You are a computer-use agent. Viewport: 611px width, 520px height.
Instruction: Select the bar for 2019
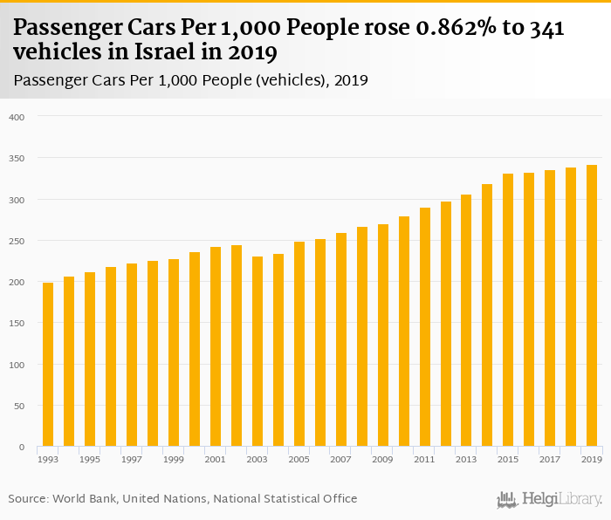coord(592,305)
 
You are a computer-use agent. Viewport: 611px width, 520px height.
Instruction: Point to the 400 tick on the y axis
coord(18,117)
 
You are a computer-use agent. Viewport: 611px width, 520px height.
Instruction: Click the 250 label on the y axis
coord(18,241)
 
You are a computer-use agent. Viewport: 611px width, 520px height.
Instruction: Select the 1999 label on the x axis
coord(174,459)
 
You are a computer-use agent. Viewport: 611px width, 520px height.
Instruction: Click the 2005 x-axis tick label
coord(299,459)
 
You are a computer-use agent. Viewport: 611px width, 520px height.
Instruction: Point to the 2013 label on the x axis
coord(466,459)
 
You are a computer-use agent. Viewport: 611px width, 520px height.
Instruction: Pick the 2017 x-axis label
coord(550,459)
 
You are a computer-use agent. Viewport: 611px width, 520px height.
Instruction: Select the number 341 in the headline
coord(547,29)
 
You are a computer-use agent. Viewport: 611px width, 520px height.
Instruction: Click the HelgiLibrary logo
coord(549,499)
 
